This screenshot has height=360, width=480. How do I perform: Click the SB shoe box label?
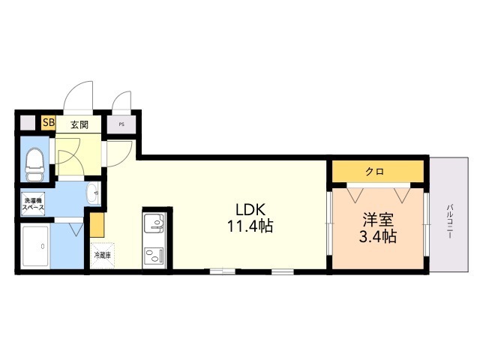(x=49, y=123)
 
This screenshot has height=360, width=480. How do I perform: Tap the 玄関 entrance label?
(x=79, y=124)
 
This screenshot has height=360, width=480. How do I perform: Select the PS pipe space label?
(x=121, y=124)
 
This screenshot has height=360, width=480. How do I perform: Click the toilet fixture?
(x=34, y=164)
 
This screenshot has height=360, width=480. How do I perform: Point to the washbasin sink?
(x=93, y=193)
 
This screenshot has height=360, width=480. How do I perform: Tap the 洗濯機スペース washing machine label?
(x=33, y=204)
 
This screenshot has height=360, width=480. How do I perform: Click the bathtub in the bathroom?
(x=35, y=247)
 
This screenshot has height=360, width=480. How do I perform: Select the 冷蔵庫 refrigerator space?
(x=103, y=256)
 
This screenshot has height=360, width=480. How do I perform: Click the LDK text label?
(x=250, y=210)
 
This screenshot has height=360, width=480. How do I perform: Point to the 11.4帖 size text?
(x=250, y=226)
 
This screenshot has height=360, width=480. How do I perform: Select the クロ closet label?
(x=374, y=172)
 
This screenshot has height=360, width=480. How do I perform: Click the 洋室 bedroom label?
(x=378, y=220)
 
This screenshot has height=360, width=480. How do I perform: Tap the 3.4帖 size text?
(x=378, y=236)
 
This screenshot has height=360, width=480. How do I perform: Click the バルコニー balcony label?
(x=449, y=222)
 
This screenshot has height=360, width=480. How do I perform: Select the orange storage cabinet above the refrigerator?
(x=97, y=225)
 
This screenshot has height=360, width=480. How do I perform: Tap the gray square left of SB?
(x=28, y=123)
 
